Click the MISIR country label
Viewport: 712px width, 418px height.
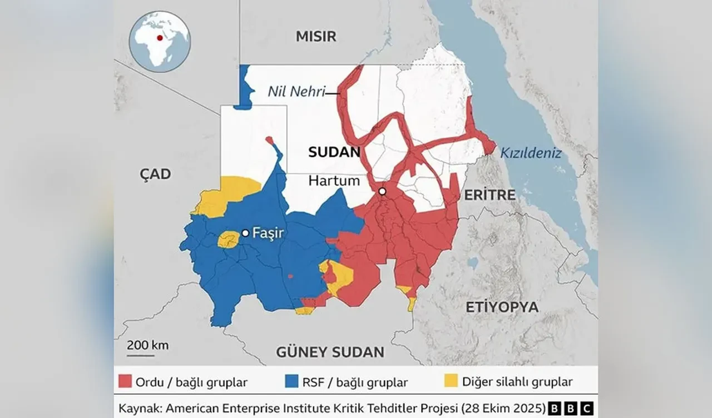[x=316, y=37]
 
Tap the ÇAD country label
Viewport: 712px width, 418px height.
[x=155, y=174]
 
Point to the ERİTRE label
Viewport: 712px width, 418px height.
[x=489, y=195]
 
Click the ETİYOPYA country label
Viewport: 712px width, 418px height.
[x=502, y=307]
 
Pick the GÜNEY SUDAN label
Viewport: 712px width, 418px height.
[x=330, y=352]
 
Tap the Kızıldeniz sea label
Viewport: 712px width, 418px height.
[x=531, y=153]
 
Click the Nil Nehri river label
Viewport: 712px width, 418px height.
[x=296, y=92]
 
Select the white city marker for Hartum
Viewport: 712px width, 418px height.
[x=382, y=191]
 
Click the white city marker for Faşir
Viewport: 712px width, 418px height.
[x=245, y=233]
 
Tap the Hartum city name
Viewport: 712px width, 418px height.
[x=334, y=181]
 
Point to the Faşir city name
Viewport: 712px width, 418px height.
[x=268, y=233]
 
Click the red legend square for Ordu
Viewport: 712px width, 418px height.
[x=125, y=382]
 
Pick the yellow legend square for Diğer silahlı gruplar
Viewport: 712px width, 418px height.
[x=451, y=382]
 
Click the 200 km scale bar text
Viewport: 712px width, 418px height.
[x=147, y=345]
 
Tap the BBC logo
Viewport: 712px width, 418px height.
[x=571, y=407]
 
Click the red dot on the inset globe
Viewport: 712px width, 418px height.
[x=160, y=38]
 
